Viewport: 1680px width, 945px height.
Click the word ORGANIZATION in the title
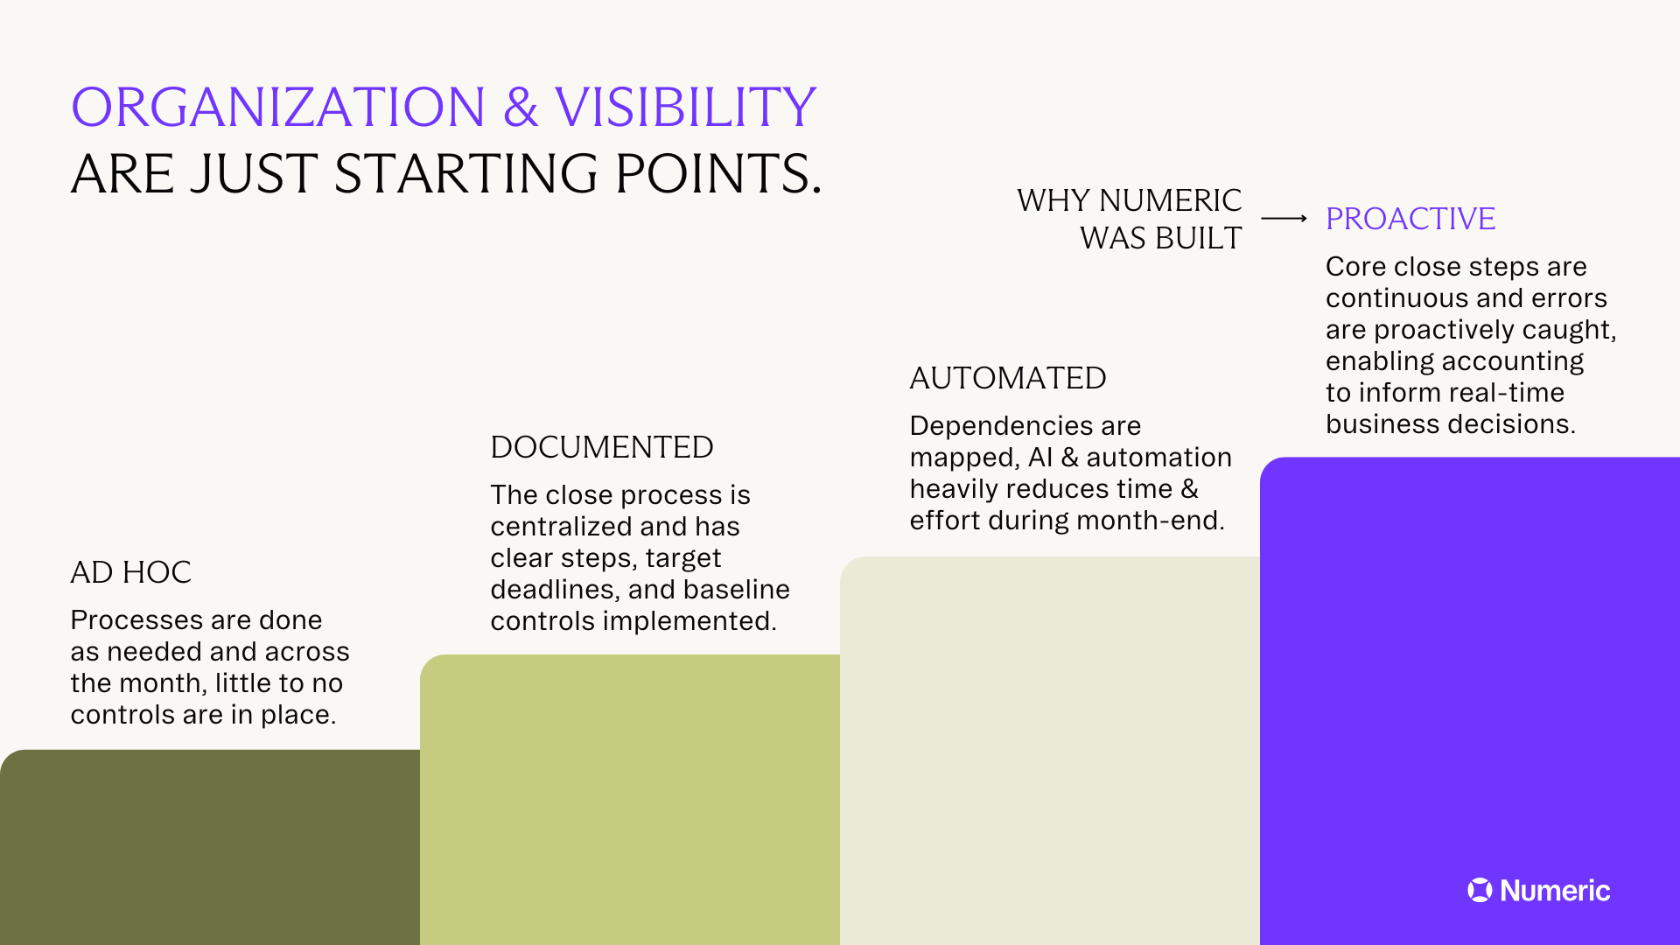coord(277,108)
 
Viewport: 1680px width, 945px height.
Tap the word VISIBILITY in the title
coord(685,108)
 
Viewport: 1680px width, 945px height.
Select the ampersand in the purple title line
coord(520,108)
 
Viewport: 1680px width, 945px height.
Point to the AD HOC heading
coord(130,572)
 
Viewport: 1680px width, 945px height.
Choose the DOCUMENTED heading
coord(601,447)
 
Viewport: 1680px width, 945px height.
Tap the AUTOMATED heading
coord(1007,378)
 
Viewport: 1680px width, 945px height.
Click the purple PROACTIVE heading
coord(1410,219)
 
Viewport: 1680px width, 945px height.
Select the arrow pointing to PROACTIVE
coord(1284,219)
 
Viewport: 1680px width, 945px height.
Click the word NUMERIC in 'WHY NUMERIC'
coord(1170,200)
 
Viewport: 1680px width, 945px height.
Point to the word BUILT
coord(1200,238)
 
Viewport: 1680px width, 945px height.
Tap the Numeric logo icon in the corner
coord(1480,890)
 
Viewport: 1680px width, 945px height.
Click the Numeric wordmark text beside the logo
coord(1555,891)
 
